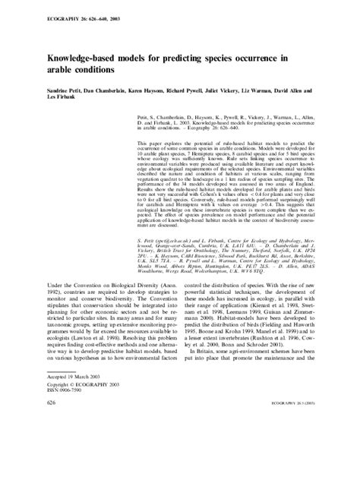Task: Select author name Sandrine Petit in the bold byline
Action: point(36,89)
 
